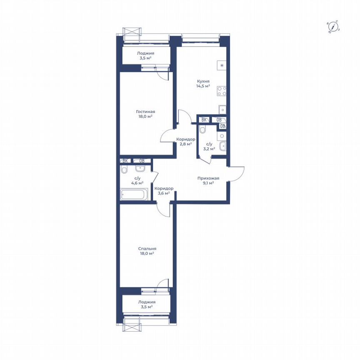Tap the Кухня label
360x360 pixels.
tap(203, 82)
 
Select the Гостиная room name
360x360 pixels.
tap(145, 112)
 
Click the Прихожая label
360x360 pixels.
tap(208, 178)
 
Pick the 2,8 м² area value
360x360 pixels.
tap(185, 144)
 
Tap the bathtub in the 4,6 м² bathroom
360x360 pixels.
tap(134, 195)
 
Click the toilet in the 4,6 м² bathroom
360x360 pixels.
tap(124, 170)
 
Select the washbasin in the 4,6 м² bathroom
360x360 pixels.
tap(140, 169)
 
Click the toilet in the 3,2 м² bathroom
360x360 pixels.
tap(202, 130)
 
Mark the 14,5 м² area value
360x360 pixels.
tap(203, 86)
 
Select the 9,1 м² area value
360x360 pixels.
tap(208, 183)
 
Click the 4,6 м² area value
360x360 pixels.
tap(137, 183)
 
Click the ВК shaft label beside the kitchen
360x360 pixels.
tap(204, 120)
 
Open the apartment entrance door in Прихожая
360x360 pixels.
tap(237, 172)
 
